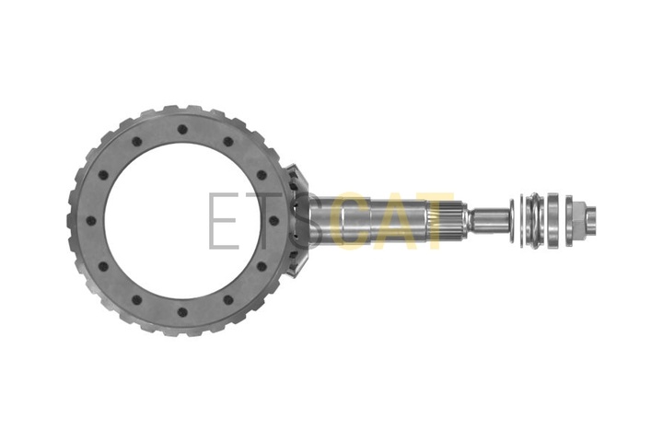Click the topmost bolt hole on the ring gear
182,130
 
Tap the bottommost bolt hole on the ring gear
182,312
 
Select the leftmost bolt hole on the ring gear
91,221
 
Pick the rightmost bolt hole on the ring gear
274,221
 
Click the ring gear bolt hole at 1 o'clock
228,142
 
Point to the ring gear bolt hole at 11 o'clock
136,142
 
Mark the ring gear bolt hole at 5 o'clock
228,300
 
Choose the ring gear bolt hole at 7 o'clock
136,300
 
